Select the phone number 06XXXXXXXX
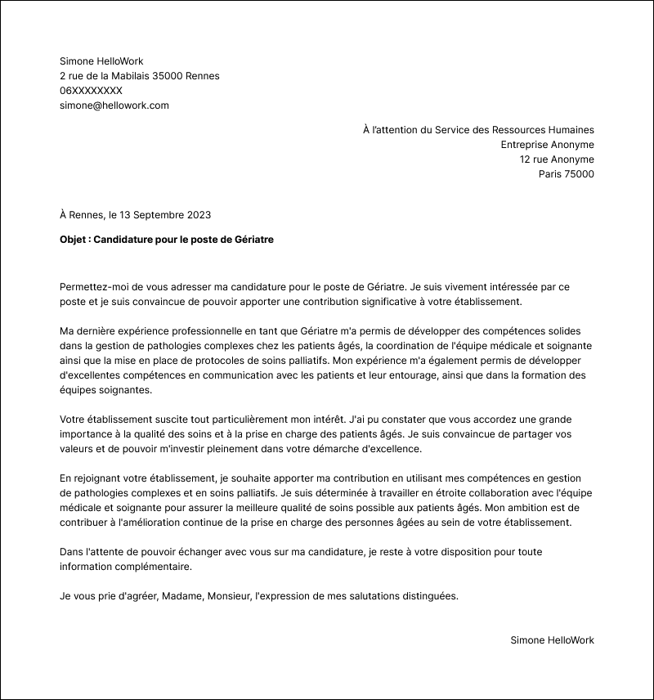click(x=91, y=91)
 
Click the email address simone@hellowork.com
click(x=114, y=105)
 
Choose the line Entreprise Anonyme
click(x=547, y=145)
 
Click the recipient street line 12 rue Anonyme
click(x=557, y=159)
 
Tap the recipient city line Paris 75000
click(x=566, y=174)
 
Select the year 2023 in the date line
click(x=199, y=215)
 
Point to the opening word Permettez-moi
click(x=94, y=287)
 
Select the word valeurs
click(x=78, y=449)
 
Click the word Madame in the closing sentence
click(x=181, y=596)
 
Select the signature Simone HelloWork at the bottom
click(x=552, y=640)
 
